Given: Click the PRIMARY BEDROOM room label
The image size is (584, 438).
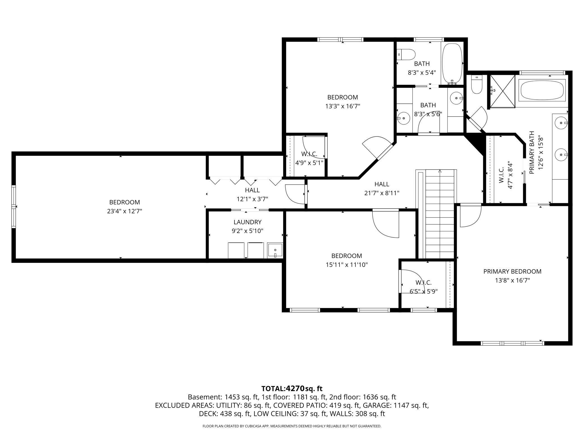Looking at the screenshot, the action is [512, 272].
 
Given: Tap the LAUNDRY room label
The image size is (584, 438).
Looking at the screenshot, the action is [247, 222].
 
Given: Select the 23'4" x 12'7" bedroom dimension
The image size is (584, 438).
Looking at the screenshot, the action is [124, 211].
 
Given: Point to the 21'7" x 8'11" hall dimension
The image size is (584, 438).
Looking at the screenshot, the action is [382, 193].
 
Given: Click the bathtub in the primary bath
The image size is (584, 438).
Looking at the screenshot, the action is [542, 90].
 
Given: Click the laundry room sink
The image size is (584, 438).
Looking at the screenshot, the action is [275, 250].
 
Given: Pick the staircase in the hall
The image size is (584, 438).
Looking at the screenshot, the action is [440, 214].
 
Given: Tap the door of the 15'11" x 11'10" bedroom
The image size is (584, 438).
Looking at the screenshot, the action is [385, 223].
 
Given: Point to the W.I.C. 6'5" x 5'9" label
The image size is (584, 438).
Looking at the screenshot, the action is [423, 287].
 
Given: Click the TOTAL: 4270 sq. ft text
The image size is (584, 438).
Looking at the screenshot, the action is [292, 389].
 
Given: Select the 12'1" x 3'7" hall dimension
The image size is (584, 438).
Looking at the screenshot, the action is [252, 199].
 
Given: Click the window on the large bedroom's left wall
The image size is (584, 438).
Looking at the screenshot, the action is [13, 206].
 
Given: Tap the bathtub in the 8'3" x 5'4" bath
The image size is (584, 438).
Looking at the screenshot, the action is [452, 64].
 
